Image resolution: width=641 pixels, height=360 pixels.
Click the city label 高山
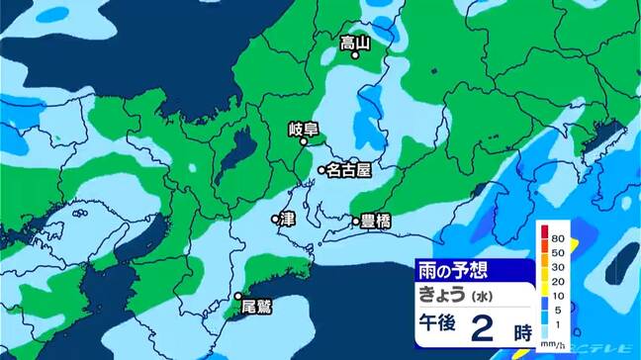(x=354, y=43)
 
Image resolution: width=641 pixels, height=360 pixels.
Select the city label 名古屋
(x=348, y=170)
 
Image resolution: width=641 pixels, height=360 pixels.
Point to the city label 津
(x=289, y=218)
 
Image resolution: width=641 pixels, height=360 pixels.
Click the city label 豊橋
(x=376, y=222)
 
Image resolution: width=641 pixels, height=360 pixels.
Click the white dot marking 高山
(x=355, y=56)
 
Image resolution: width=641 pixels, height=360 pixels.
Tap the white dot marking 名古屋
(x=321, y=171)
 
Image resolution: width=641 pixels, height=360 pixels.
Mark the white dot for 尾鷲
(x=238, y=295)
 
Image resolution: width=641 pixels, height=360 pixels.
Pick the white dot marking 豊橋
(x=355, y=223)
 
